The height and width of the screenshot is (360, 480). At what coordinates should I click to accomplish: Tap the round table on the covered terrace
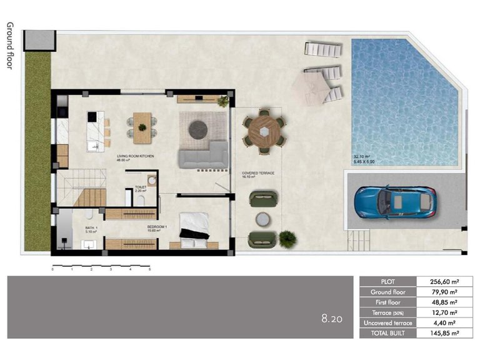(266, 132)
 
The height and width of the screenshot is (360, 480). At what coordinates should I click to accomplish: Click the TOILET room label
(141, 186)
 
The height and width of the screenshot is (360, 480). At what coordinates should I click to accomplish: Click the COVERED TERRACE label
(258, 173)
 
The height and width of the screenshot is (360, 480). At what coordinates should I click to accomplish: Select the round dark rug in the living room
(198, 129)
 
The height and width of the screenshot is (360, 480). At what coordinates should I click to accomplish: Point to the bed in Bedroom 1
(194, 226)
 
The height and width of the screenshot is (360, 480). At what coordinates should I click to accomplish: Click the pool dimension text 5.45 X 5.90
(364, 161)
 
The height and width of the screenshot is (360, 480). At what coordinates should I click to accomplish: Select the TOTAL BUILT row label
(387, 333)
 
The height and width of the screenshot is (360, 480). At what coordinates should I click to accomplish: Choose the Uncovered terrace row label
(387, 322)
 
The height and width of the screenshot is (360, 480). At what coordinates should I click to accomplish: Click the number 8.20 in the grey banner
(332, 318)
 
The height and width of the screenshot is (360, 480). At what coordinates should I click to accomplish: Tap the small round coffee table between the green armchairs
(263, 219)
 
